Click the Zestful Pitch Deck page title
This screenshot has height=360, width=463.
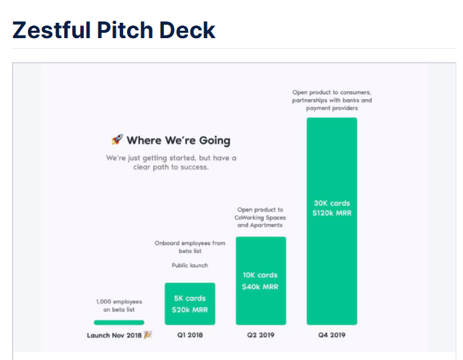pos(114,30)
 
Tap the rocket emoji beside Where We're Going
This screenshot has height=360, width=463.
pos(117,139)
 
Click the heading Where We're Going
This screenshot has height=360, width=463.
pos(179,141)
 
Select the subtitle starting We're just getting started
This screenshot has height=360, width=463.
pos(171,163)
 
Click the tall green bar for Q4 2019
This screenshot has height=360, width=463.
pos(332,221)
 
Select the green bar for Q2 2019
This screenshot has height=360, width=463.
pos(261,280)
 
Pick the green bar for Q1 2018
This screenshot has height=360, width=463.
pos(190,304)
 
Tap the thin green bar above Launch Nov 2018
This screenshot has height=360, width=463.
pos(119,323)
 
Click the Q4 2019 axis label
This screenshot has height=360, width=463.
pos(332,335)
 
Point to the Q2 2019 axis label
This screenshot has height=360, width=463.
pos(261,335)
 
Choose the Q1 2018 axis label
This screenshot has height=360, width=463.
pos(190,335)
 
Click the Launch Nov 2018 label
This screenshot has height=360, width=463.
pos(114,335)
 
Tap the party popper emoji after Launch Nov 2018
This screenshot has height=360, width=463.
pos(148,335)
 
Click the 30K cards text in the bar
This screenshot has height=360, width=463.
pos(332,203)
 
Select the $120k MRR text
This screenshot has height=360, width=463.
pos(332,213)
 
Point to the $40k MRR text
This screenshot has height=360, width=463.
pos(260,287)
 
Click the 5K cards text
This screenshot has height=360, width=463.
pos(190,298)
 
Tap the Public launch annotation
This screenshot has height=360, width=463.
pos(190,265)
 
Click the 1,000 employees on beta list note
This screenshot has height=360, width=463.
pos(119,306)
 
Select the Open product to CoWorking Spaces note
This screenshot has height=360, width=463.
pos(260,217)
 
